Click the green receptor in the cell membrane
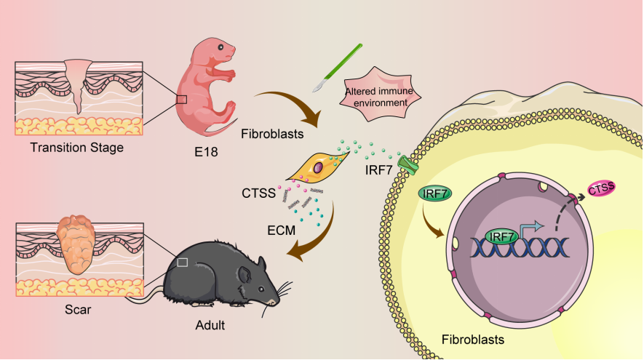tap(408, 163)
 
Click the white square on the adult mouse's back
tap(183, 262)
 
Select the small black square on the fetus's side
tap(182, 100)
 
